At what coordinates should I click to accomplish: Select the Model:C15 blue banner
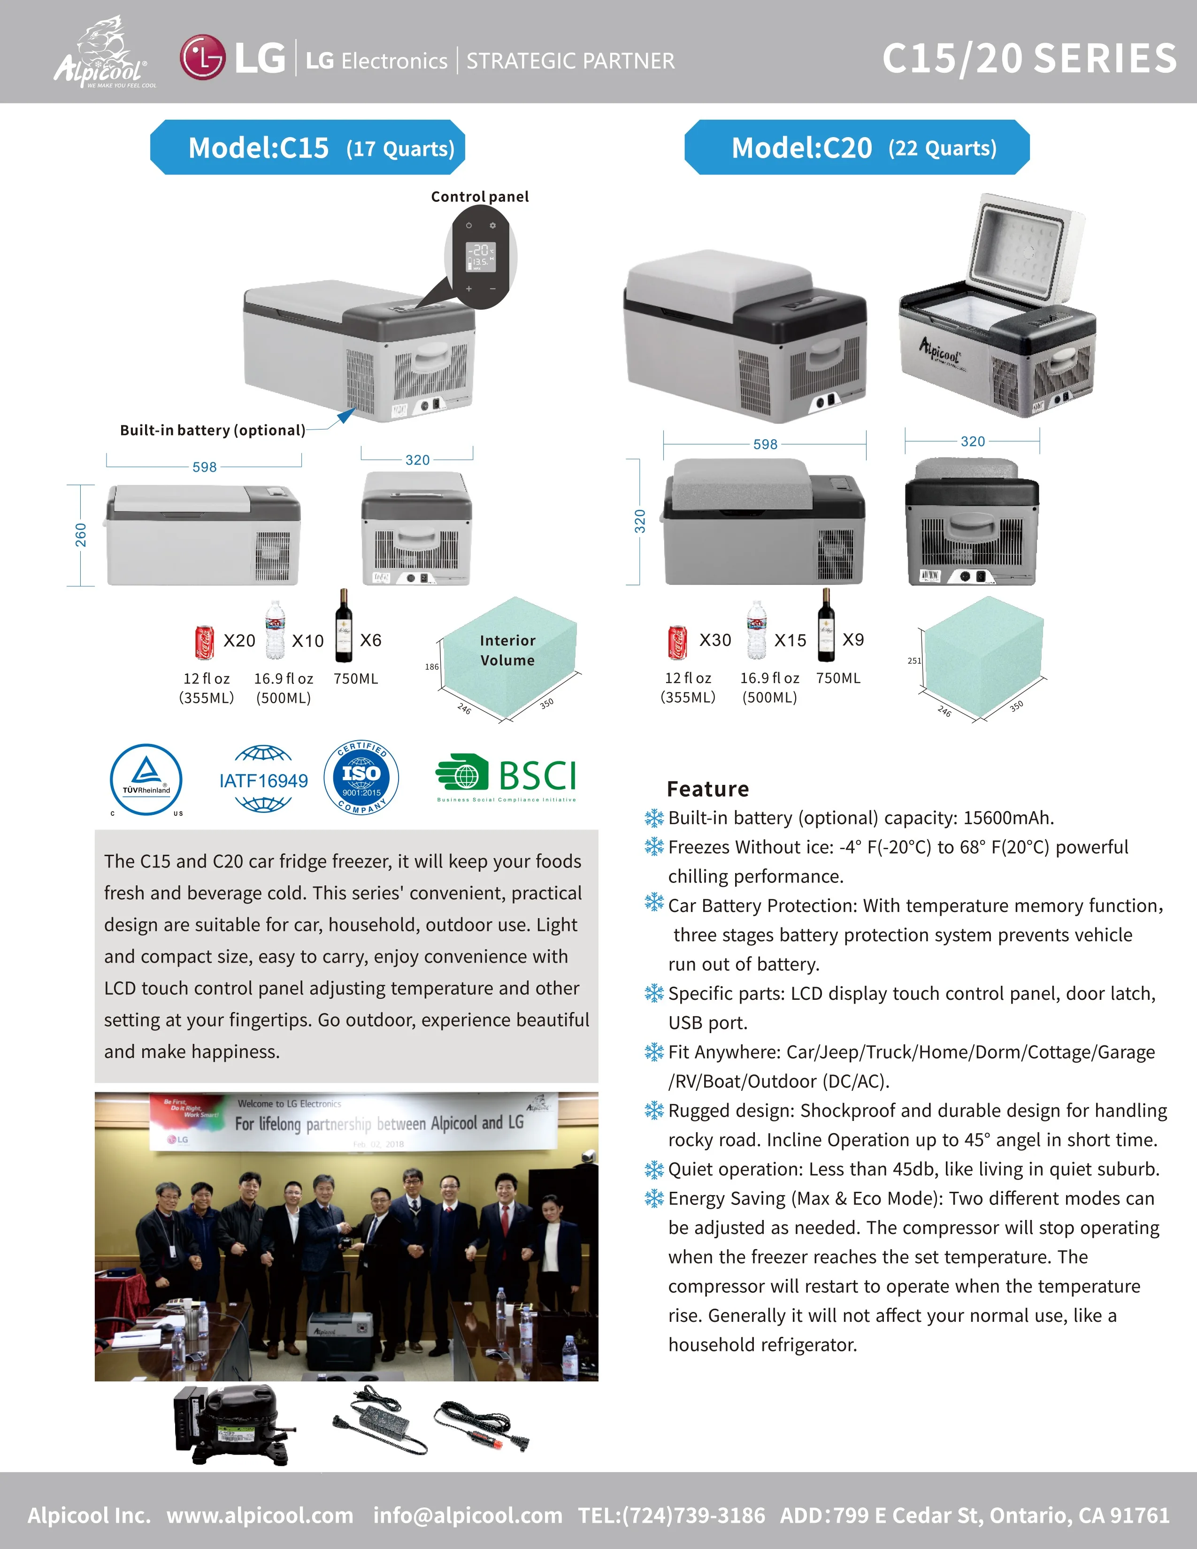pyautogui.click(x=308, y=147)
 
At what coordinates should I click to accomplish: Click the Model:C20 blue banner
pyautogui.click(x=857, y=147)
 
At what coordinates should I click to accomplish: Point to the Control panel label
pyautogui.click(x=479, y=197)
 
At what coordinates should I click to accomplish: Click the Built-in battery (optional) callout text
pyautogui.click(x=212, y=430)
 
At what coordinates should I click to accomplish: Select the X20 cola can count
pyautogui.click(x=239, y=640)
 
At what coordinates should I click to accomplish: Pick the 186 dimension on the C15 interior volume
pyautogui.click(x=432, y=667)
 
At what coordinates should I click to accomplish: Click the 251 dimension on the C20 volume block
pyautogui.click(x=914, y=660)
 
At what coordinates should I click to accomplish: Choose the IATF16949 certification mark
pyautogui.click(x=263, y=780)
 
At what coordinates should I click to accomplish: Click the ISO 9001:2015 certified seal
pyautogui.click(x=361, y=777)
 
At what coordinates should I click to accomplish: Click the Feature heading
pyautogui.click(x=708, y=789)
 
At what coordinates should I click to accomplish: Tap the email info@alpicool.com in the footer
pyautogui.click(x=468, y=1515)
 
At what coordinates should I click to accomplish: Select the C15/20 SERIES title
pyautogui.click(x=1029, y=58)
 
